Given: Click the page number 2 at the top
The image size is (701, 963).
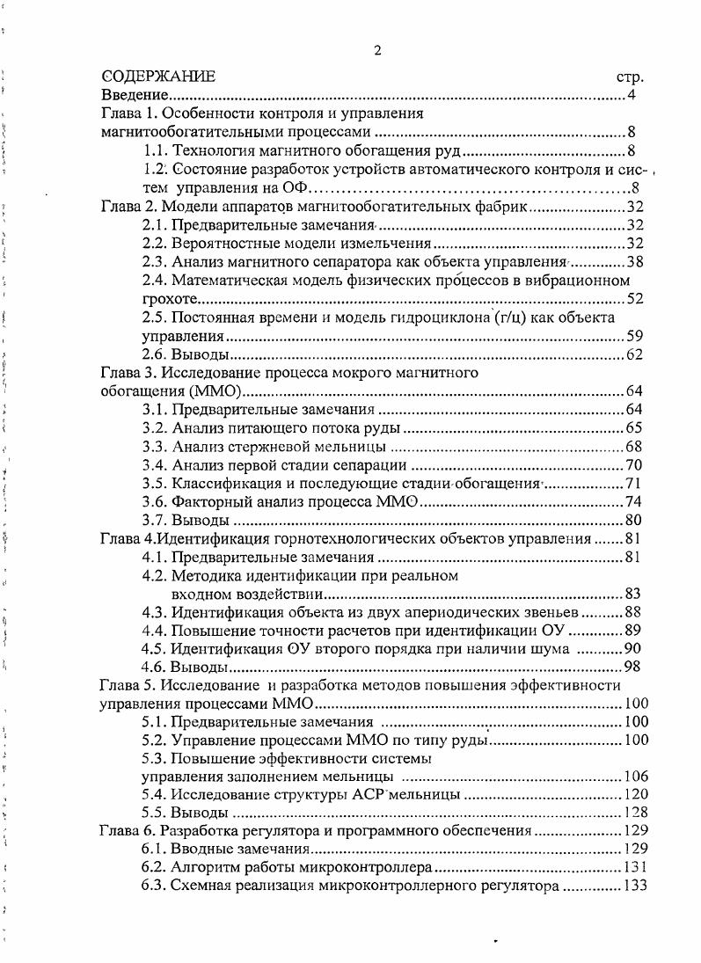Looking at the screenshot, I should (378, 49).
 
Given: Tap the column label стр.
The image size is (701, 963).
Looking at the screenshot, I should (632, 77).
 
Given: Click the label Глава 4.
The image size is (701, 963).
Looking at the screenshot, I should (128, 538).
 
